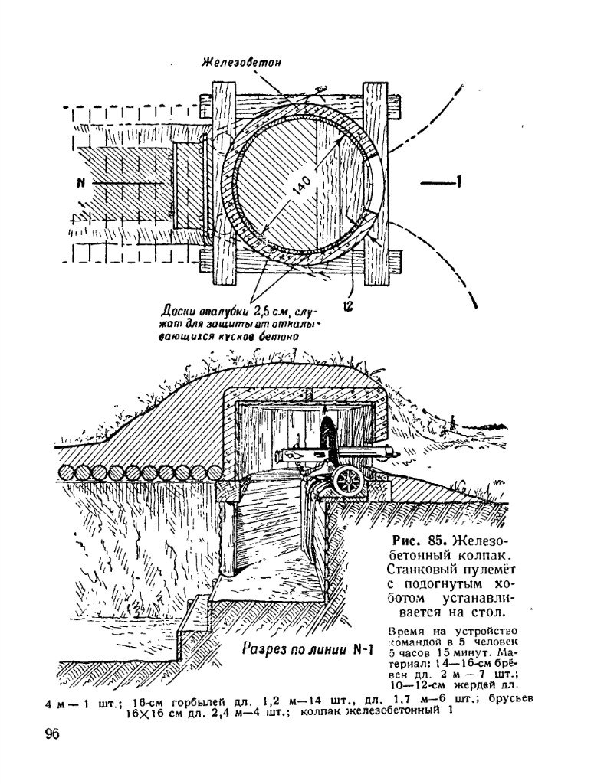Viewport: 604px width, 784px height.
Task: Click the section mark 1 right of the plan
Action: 458,182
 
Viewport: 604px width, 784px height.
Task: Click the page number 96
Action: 53,735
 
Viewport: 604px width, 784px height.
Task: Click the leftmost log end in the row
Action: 67,472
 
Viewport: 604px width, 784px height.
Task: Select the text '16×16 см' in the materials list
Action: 153,710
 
